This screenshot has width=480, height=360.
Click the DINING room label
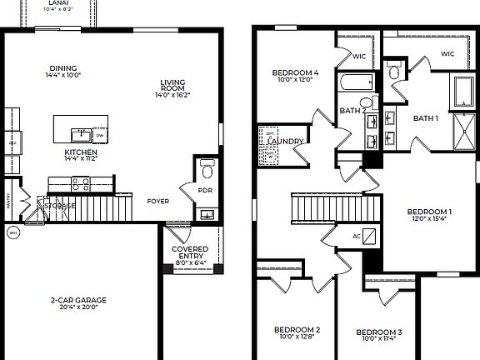(x=62, y=68)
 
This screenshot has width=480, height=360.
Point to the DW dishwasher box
(x=100, y=135)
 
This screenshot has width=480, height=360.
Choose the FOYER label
(x=158, y=201)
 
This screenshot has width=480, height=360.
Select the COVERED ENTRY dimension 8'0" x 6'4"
(x=190, y=264)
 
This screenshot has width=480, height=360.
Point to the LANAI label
(x=58, y=3)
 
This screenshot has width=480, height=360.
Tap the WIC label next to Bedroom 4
(x=359, y=57)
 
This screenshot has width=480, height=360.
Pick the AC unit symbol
(x=357, y=236)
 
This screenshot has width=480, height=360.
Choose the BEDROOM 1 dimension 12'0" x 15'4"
(x=429, y=219)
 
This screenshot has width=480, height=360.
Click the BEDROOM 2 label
(x=297, y=329)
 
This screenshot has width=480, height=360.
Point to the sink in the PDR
(x=207, y=215)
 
